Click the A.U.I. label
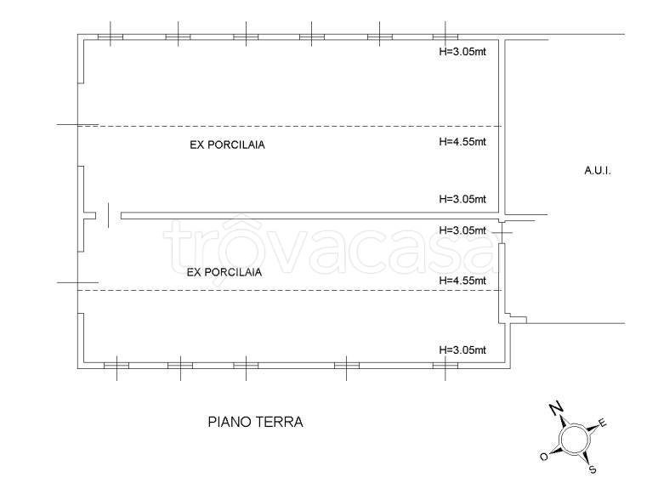[598, 171]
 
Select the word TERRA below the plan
[280, 422]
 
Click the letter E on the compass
[603, 422]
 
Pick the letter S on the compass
[593, 469]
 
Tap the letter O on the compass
[544, 457]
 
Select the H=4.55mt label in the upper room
[463, 142]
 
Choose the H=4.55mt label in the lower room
[463, 281]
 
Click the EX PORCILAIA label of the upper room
[227, 145]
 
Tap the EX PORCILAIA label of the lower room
[224, 273]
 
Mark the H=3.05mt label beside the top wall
[463, 49]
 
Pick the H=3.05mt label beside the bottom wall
[463, 349]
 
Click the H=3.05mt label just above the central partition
[463, 200]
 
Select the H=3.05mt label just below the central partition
[463, 230]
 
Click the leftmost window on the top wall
[111, 36]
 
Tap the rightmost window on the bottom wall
[445, 366]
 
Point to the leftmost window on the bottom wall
[116, 366]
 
